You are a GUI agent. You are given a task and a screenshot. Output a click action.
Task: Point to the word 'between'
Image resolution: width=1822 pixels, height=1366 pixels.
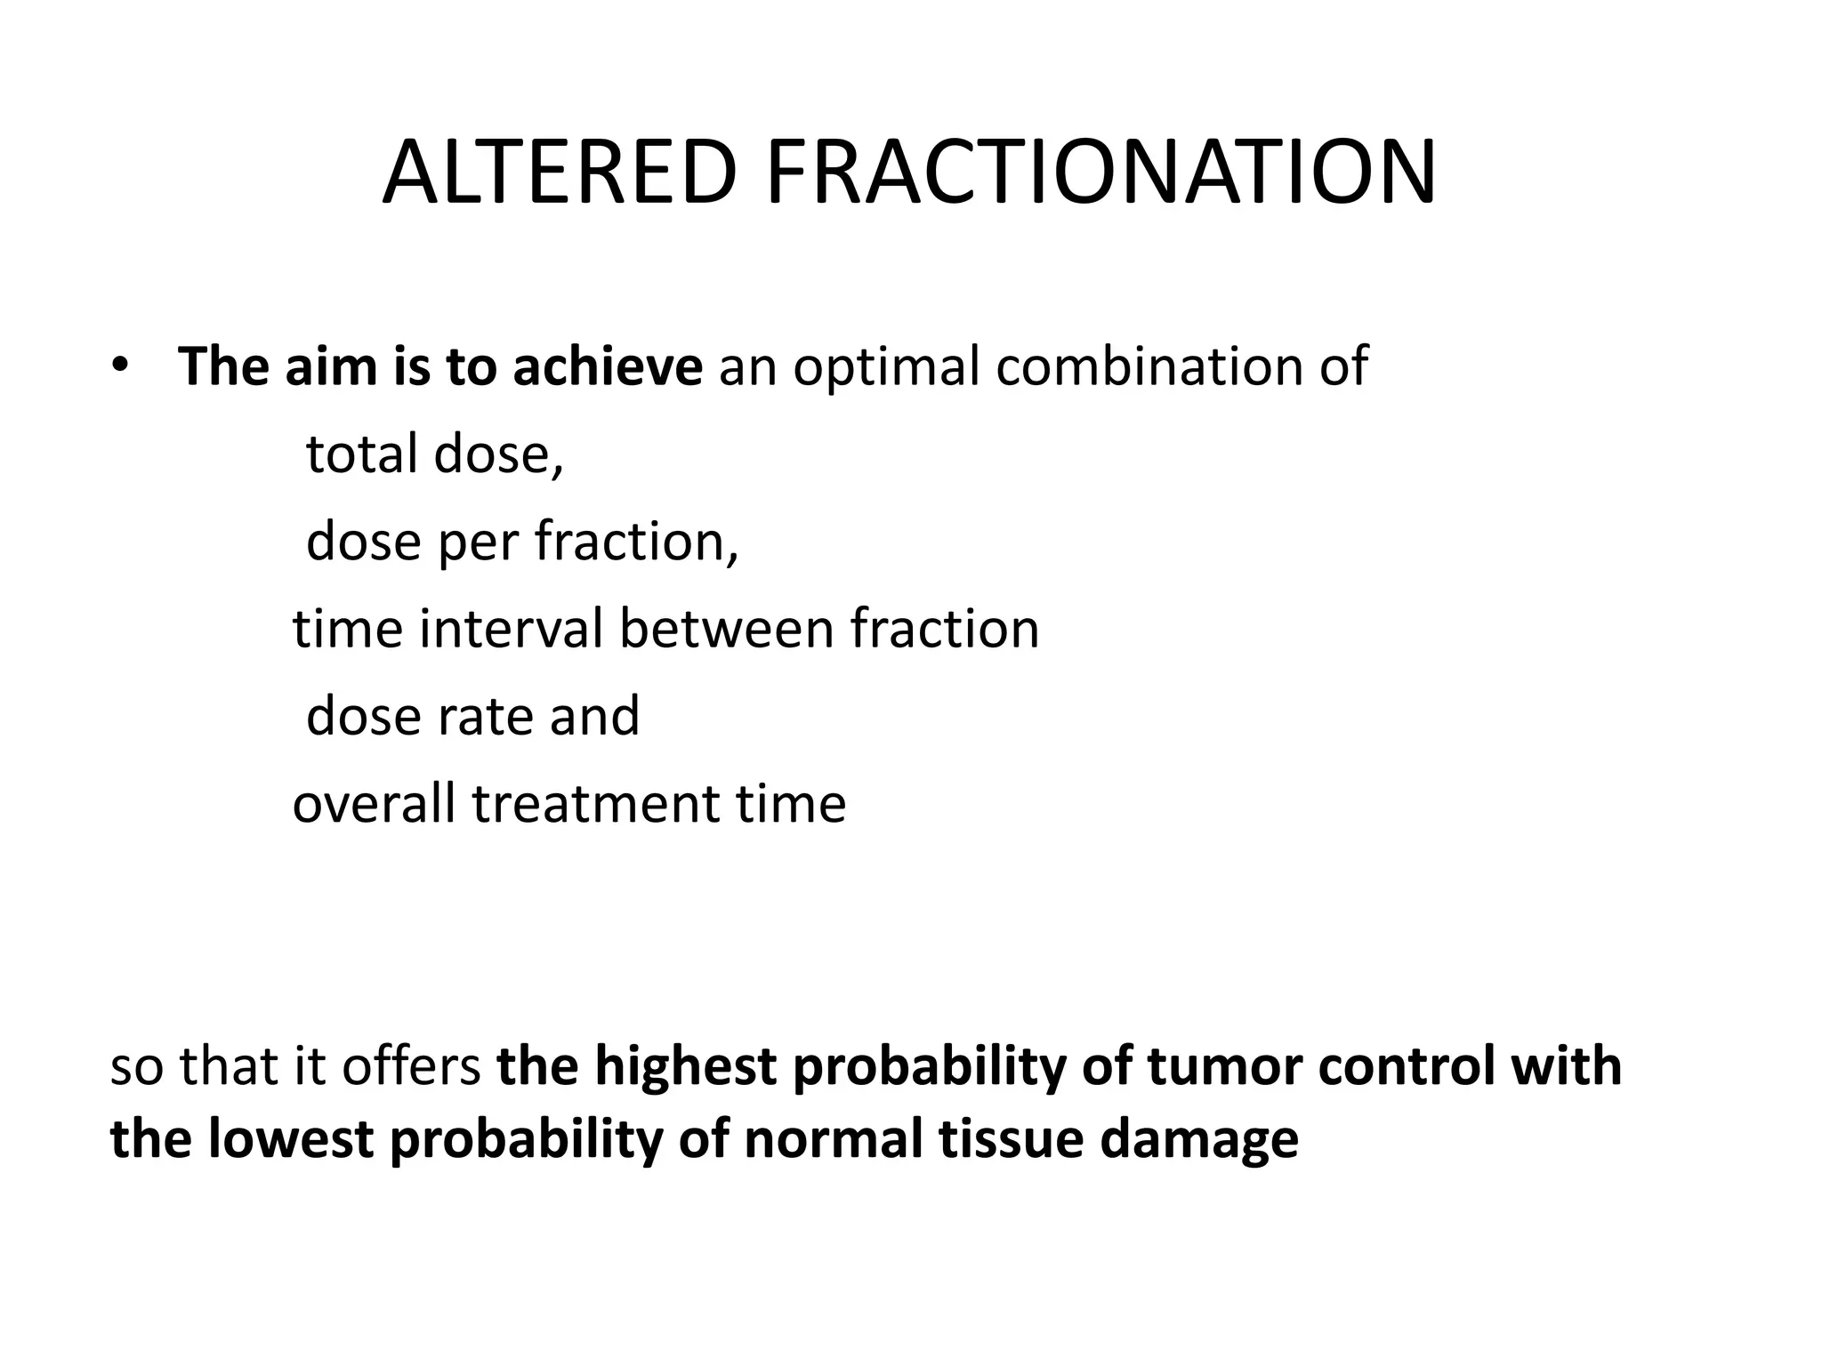(x=727, y=629)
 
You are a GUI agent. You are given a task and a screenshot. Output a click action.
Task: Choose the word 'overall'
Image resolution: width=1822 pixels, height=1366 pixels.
(x=374, y=803)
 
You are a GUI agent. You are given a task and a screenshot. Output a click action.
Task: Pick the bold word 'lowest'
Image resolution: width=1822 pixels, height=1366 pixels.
(x=290, y=1139)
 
